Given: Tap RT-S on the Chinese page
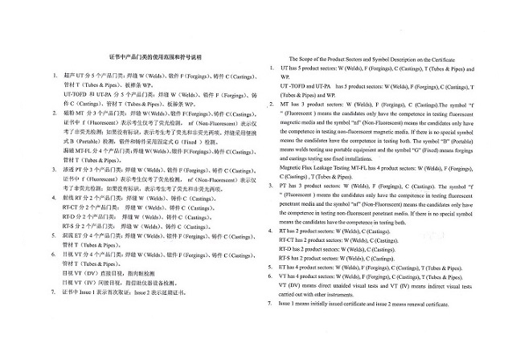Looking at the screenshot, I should point(70,226).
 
